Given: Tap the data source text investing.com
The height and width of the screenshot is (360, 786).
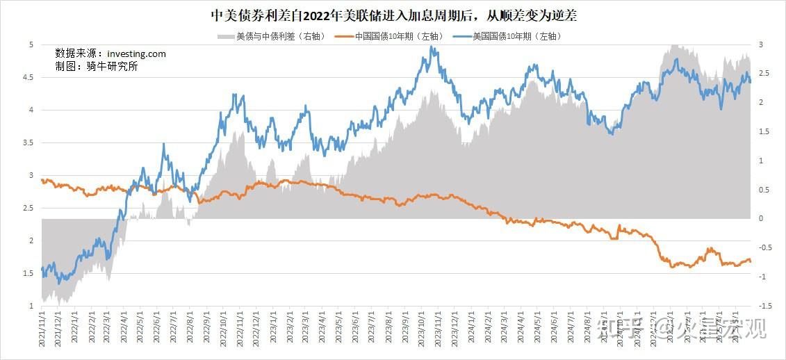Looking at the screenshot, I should (x=111, y=54).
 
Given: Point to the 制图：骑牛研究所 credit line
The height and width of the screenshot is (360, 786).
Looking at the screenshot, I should (x=97, y=67).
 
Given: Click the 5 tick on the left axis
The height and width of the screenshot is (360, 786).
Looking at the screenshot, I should (x=31, y=44).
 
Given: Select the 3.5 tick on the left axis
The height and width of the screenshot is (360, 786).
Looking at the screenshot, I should (x=28, y=142).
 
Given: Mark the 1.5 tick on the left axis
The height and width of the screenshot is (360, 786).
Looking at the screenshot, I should (x=28, y=273).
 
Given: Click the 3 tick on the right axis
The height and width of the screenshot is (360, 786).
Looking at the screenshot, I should (x=761, y=44).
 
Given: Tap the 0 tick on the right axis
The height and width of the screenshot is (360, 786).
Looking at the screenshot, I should (x=761, y=219).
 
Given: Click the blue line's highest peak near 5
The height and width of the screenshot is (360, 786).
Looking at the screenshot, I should (x=432, y=47).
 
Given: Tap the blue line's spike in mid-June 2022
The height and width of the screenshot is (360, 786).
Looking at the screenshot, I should (x=164, y=145).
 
